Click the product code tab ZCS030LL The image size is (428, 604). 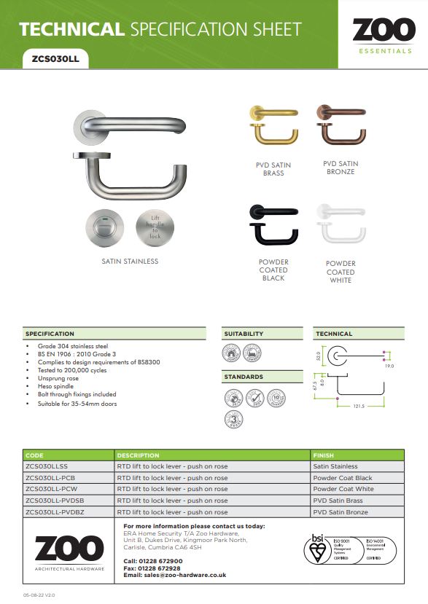click(x=55, y=60)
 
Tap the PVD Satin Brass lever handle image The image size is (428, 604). click(x=273, y=128)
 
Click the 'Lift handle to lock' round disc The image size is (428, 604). click(x=155, y=227)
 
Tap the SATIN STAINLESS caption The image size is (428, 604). click(x=130, y=261)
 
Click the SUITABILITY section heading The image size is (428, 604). click(x=244, y=334)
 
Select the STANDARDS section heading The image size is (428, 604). click(x=244, y=377)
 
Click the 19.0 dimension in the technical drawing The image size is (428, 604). click(x=389, y=366)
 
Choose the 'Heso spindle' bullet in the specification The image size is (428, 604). click(x=52, y=386)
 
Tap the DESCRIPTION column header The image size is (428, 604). click(x=138, y=455)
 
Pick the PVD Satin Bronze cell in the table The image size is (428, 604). click(x=340, y=512)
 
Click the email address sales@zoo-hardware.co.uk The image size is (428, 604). click(x=185, y=575)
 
